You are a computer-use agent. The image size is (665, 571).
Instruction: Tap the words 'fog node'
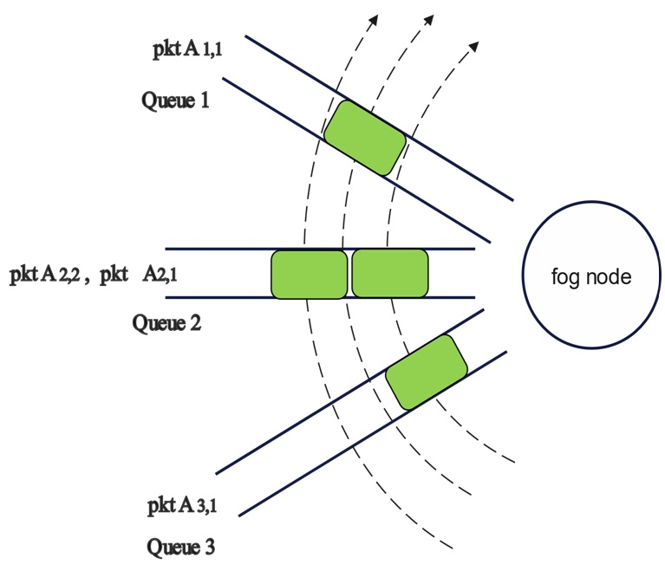click(592, 278)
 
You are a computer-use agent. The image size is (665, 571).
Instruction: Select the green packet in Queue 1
click(364, 137)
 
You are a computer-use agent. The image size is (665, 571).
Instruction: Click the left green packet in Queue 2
click(310, 274)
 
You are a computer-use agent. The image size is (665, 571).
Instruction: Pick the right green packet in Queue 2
click(390, 273)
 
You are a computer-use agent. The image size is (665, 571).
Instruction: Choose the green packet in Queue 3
click(425, 372)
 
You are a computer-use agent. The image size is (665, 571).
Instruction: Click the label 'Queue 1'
click(175, 101)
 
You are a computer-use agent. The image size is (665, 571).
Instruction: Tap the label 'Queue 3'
click(179, 547)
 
